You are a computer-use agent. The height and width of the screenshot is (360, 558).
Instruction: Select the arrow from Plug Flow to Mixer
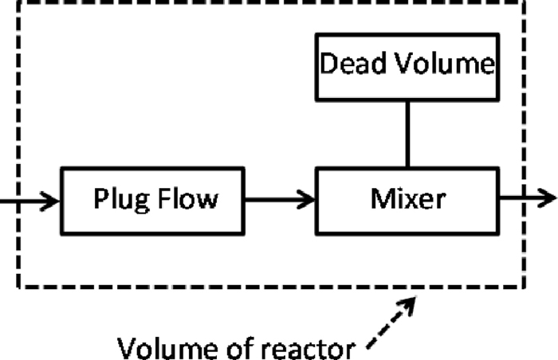[x=279, y=199]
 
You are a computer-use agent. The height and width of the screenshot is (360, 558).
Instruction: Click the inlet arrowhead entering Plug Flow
[x=53, y=199]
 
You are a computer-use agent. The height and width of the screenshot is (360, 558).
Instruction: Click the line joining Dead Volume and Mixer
[x=407, y=135]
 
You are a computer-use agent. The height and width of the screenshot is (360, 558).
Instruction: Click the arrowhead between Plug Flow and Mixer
[x=308, y=199]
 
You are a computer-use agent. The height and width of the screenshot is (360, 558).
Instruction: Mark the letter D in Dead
[x=327, y=64]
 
